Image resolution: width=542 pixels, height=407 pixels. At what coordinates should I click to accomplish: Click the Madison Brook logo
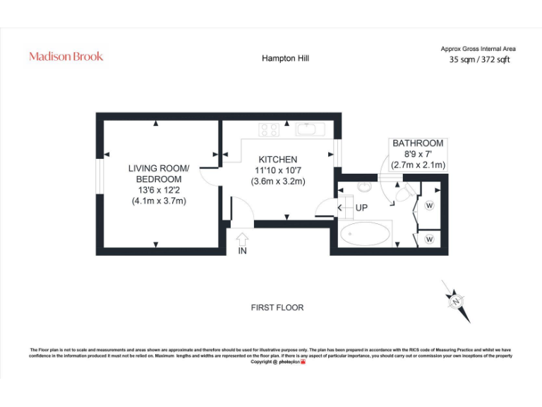66,56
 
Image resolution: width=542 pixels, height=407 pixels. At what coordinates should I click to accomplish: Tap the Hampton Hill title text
285,59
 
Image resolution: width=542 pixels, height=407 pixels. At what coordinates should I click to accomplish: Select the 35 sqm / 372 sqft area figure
479,60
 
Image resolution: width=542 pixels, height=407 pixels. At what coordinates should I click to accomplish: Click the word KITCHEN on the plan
277,160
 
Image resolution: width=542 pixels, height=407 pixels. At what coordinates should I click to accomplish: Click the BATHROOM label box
418,154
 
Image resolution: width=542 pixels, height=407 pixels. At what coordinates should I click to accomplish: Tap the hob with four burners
269,129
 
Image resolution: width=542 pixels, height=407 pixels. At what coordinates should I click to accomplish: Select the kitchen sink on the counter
308,129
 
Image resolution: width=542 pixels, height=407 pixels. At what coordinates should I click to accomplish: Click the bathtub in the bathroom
365,235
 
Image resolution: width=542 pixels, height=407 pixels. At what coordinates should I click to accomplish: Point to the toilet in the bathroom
406,192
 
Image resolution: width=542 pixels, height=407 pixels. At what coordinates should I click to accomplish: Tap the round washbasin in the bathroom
364,187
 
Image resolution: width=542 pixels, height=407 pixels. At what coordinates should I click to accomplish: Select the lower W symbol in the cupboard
429,240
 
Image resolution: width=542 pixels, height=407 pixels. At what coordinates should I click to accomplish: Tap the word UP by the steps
361,208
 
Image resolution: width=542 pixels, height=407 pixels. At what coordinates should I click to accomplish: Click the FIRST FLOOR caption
277,307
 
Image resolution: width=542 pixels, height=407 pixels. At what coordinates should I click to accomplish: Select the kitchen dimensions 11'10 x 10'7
277,170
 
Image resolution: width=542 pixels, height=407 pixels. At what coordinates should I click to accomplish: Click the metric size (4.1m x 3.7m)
159,201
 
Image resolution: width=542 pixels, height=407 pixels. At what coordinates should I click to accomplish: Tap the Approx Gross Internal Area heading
478,49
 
